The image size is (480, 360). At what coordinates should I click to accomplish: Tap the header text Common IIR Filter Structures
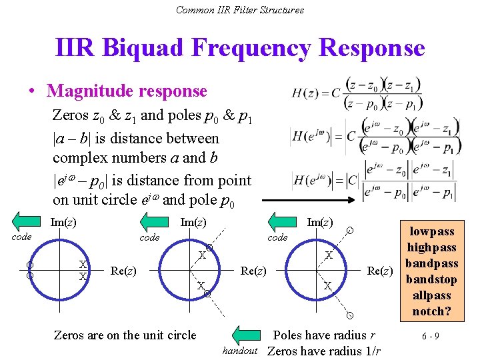(x=240, y=9)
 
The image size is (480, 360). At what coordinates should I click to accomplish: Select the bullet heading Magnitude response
(x=127, y=91)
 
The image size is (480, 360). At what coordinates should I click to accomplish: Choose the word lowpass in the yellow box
(x=431, y=231)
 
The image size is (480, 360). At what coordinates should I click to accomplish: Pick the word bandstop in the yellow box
(x=431, y=279)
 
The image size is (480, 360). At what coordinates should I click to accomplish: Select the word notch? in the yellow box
(x=431, y=311)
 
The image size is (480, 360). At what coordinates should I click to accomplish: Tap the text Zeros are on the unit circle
(x=125, y=335)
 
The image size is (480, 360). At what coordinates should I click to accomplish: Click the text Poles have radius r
(x=324, y=335)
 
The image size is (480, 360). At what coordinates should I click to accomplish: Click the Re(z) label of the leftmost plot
(x=124, y=271)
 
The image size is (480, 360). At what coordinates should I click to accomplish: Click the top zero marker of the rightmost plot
(x=350, y=231)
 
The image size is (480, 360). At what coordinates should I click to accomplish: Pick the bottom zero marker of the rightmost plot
(x=349, y=313)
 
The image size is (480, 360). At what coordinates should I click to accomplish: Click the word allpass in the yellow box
(x=431, y=295)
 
